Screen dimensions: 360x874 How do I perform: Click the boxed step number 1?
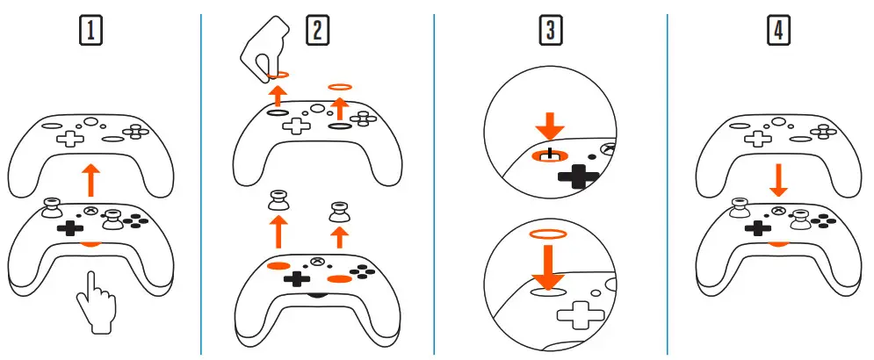pyautogui.click(x=90, y=31)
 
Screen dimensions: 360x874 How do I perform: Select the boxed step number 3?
pyautogui.click(x=550, y=31)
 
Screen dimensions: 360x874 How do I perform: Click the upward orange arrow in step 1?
pyautogui.click(x=89, y=181)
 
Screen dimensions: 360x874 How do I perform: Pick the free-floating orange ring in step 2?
pyautogui.click(x=340, y=87)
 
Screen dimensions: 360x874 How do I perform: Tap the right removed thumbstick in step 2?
pyautogui.click(x=339, y=211)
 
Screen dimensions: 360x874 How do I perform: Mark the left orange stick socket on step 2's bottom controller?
pyautogui.click(x=278, y=264)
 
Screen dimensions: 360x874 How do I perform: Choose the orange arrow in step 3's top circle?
pyautogui.click(x=551, y=124)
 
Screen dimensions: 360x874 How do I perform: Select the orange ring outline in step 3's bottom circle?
pyautogui.click(x=549, y=234)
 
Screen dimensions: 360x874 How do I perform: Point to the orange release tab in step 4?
pyautogui.click(x=776, y=242)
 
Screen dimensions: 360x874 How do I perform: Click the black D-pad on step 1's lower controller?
pyautogui.click(x=68, y=227)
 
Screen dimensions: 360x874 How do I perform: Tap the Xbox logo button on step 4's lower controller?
pyautogui.click(x=778, y=211)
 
